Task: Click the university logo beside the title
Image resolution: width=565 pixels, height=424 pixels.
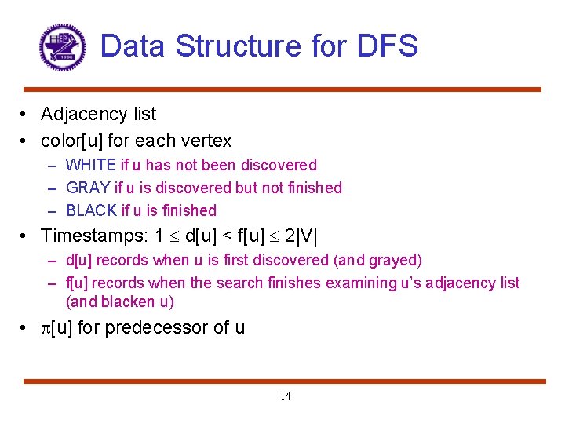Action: (x=62, y=47)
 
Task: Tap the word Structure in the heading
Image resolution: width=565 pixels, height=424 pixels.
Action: (x=238, y=46)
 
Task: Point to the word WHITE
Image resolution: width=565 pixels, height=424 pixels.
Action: (x=89, y=165)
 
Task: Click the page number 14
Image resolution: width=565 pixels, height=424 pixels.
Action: (x=285, y=396)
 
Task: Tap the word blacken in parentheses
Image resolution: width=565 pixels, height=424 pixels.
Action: (x=128, y=302)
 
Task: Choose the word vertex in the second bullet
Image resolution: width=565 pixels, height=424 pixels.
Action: (x=207, y=141)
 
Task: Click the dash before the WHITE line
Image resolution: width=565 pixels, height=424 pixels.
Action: (x=51, y=166)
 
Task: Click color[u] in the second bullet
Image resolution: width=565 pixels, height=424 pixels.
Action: (x=72, y=141)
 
